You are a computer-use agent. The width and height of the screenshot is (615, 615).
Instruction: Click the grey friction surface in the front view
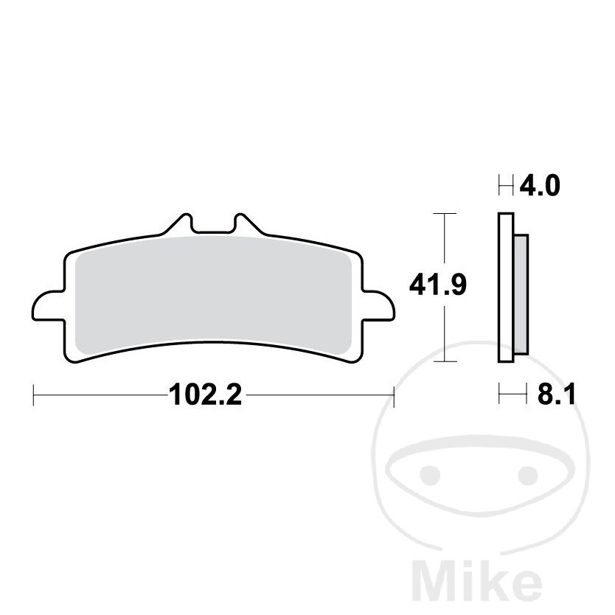click(214, 295)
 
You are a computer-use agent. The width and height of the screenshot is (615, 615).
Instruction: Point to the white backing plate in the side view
click(506, 288)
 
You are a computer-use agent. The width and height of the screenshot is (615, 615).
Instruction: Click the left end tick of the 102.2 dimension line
click(34, 396)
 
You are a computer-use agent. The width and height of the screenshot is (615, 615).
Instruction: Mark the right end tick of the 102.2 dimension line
click(395, 396)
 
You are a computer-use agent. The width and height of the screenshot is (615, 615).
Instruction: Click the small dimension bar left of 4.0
click(507, 185)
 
